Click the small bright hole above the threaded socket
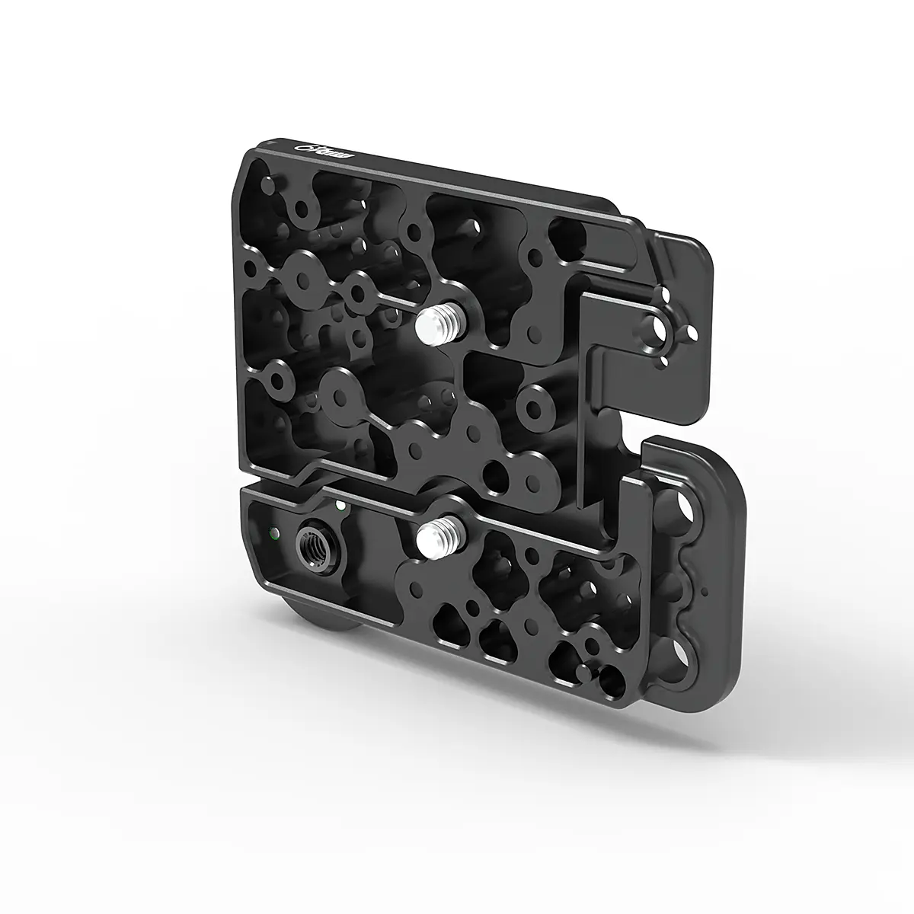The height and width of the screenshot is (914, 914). point(336,504)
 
